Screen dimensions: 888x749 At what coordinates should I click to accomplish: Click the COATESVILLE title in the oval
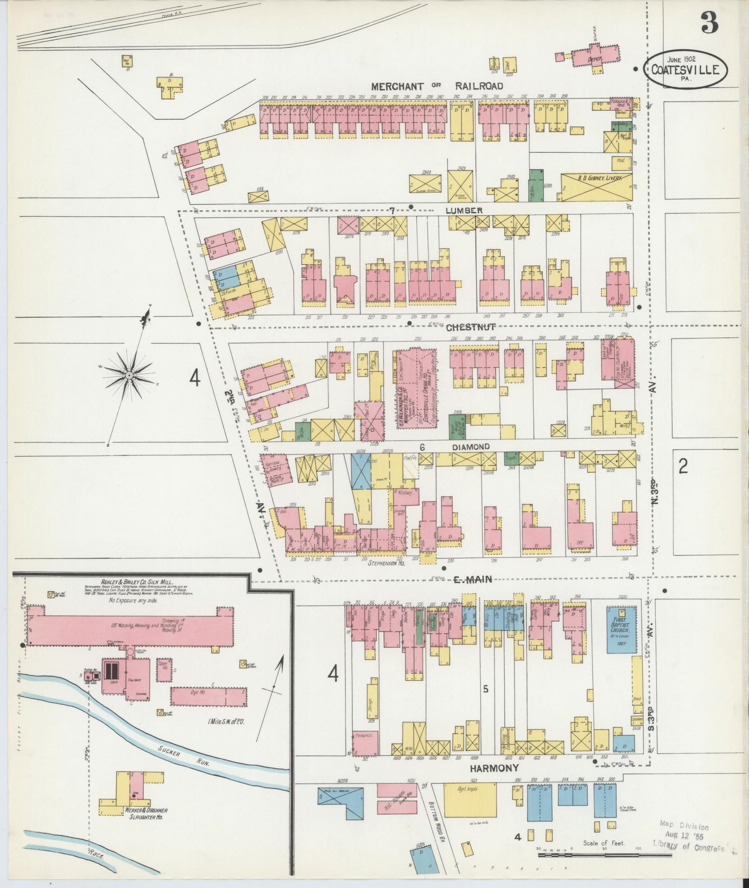[x=685, y=69]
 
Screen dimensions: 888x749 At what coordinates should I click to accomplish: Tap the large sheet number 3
[x=709, y=22]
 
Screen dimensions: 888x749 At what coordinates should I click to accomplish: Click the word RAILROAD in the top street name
[x=479, y=86]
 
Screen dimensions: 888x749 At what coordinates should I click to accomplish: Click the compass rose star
[x=129, y=374]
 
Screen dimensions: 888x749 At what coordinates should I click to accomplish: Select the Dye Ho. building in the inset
[x=208, y=696]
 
